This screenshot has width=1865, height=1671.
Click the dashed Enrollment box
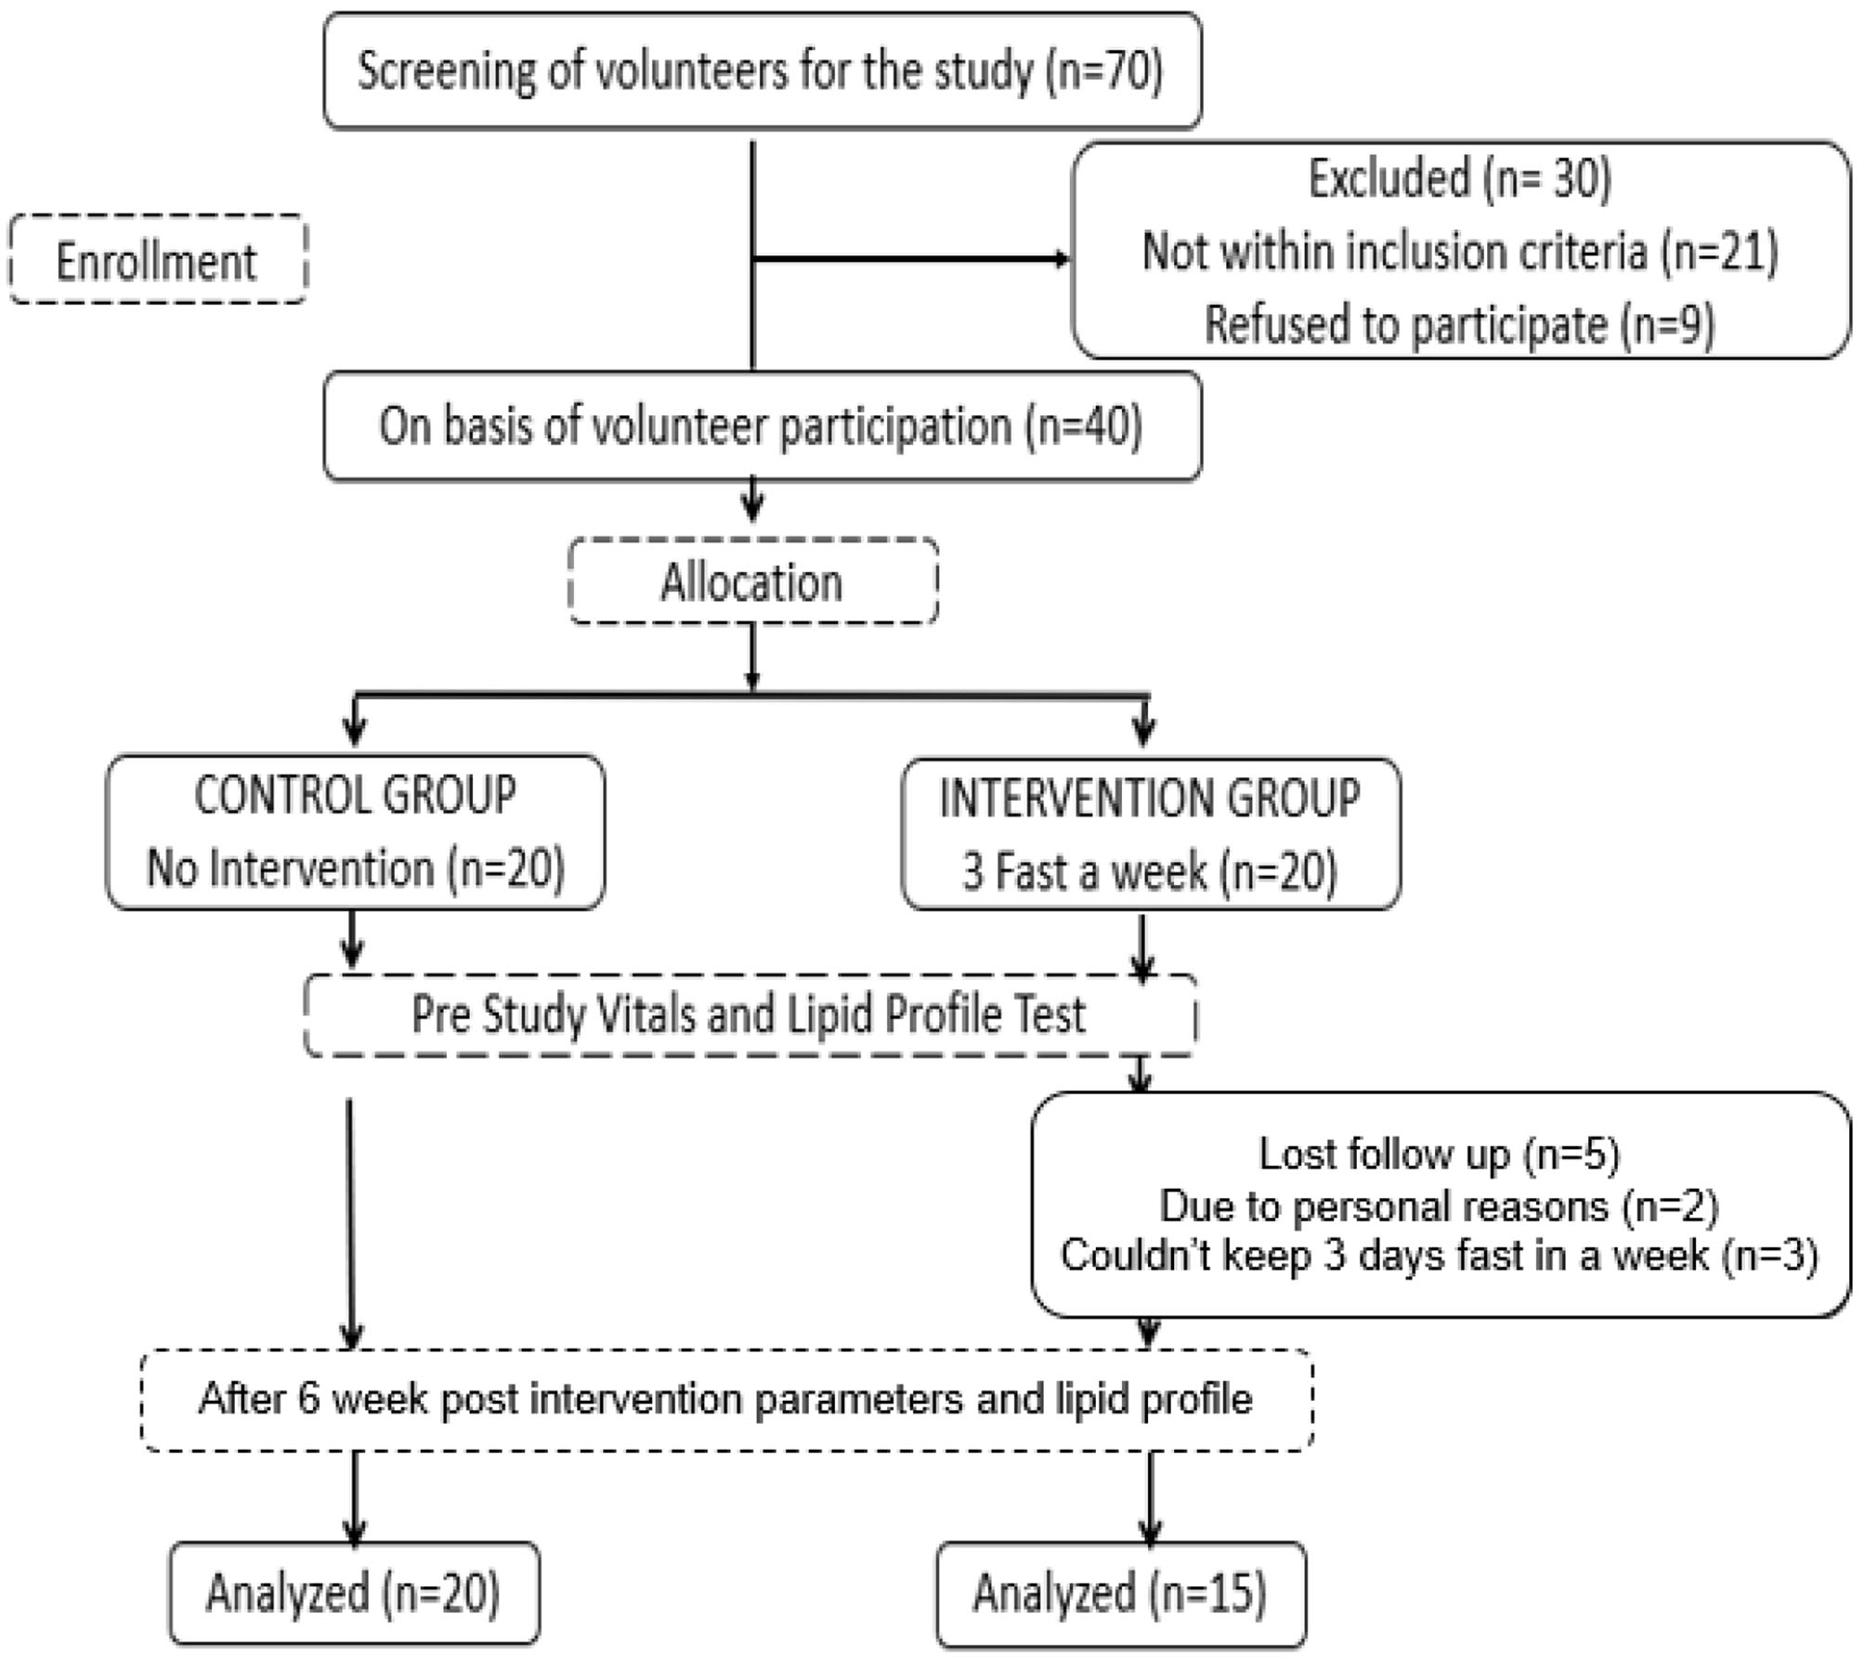[x=158, y=260]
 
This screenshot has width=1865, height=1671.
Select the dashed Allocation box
[x=752, y=582]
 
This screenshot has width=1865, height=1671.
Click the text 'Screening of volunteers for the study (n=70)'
[x=761, y=71]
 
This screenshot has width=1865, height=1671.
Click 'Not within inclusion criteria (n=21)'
[x=1460, y=251]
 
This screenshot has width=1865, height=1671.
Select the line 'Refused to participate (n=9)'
[x=1460, y=324]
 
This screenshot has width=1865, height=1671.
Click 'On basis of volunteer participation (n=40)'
[x=761, y=425]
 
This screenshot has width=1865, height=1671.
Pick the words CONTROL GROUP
[x=355, y=795]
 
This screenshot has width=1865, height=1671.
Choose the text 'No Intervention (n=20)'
[x=355, y=868]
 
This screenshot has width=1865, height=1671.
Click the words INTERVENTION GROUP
[x=1150, y=797]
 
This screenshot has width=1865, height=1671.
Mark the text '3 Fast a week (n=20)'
[x=1150, y=871]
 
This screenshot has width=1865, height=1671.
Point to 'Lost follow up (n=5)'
[x=1440, y=1154]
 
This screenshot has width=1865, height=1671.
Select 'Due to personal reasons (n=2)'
[x=1440, y=1206]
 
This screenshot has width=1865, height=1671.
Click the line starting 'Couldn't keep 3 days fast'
[x=1440, y=1256]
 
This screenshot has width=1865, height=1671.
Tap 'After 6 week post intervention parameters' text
[x=725, y=1399]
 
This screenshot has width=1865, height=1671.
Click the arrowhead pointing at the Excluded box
[x=1062, y=259]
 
